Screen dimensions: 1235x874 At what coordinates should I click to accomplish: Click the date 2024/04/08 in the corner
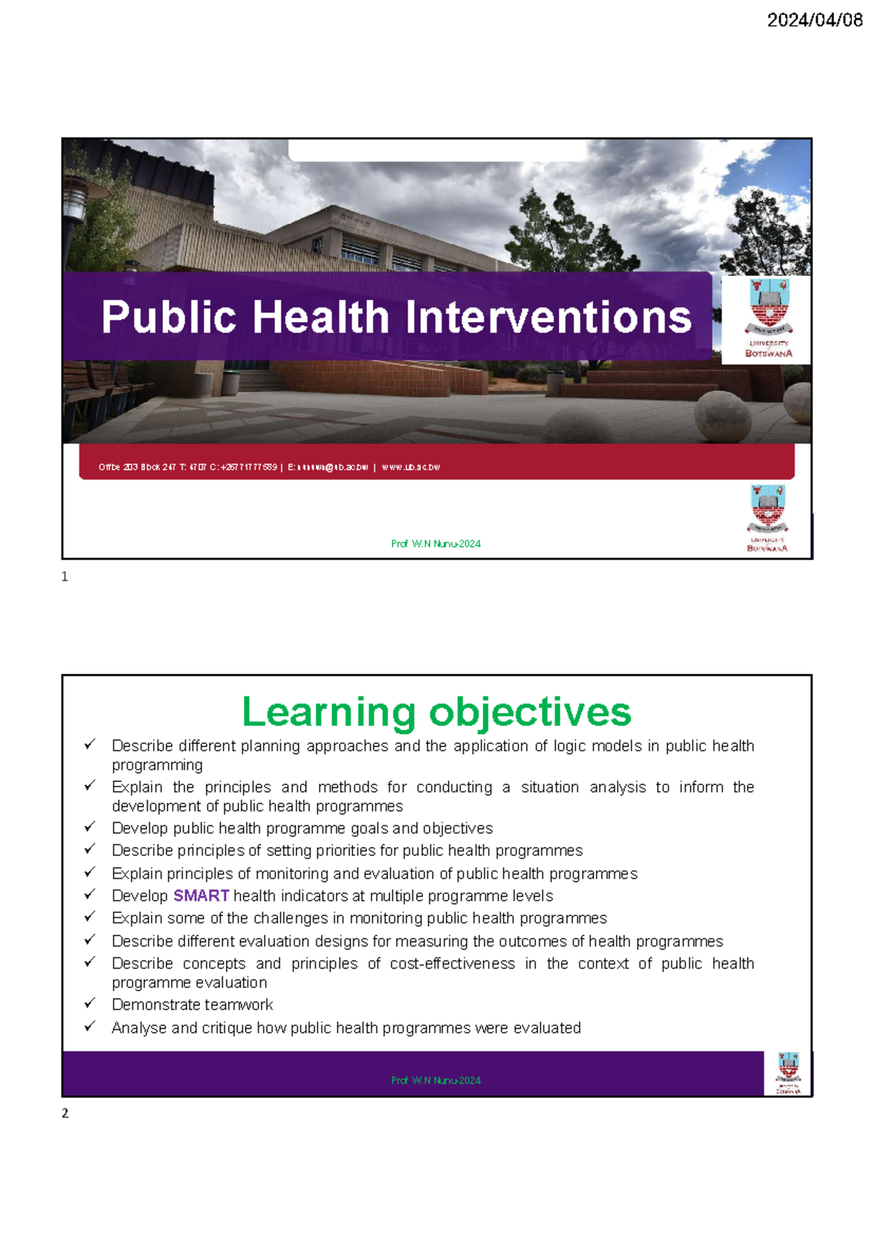[814, 20]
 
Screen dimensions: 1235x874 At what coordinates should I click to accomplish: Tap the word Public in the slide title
[168, 317]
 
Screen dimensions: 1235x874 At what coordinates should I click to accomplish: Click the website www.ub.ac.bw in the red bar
[411, 467]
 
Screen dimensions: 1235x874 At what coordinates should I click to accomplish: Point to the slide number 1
[65, 577]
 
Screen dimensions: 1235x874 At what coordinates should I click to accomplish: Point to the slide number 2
[65, 1113]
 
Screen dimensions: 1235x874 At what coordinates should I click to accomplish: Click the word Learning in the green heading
[328, 712]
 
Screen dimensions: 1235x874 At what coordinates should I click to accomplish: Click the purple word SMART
[201, 896]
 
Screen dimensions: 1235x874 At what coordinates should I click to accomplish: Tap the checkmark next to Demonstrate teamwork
[90, 1003]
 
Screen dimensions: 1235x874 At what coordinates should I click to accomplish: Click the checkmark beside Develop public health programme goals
[90, 826]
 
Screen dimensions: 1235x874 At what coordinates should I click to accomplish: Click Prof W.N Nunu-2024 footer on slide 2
[436, 1081]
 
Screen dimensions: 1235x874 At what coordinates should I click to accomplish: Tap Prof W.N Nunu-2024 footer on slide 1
[436, 544]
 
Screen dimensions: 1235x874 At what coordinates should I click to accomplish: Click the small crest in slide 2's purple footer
[788, 1073]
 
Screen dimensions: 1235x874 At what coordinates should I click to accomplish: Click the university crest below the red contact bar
[767, 518]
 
